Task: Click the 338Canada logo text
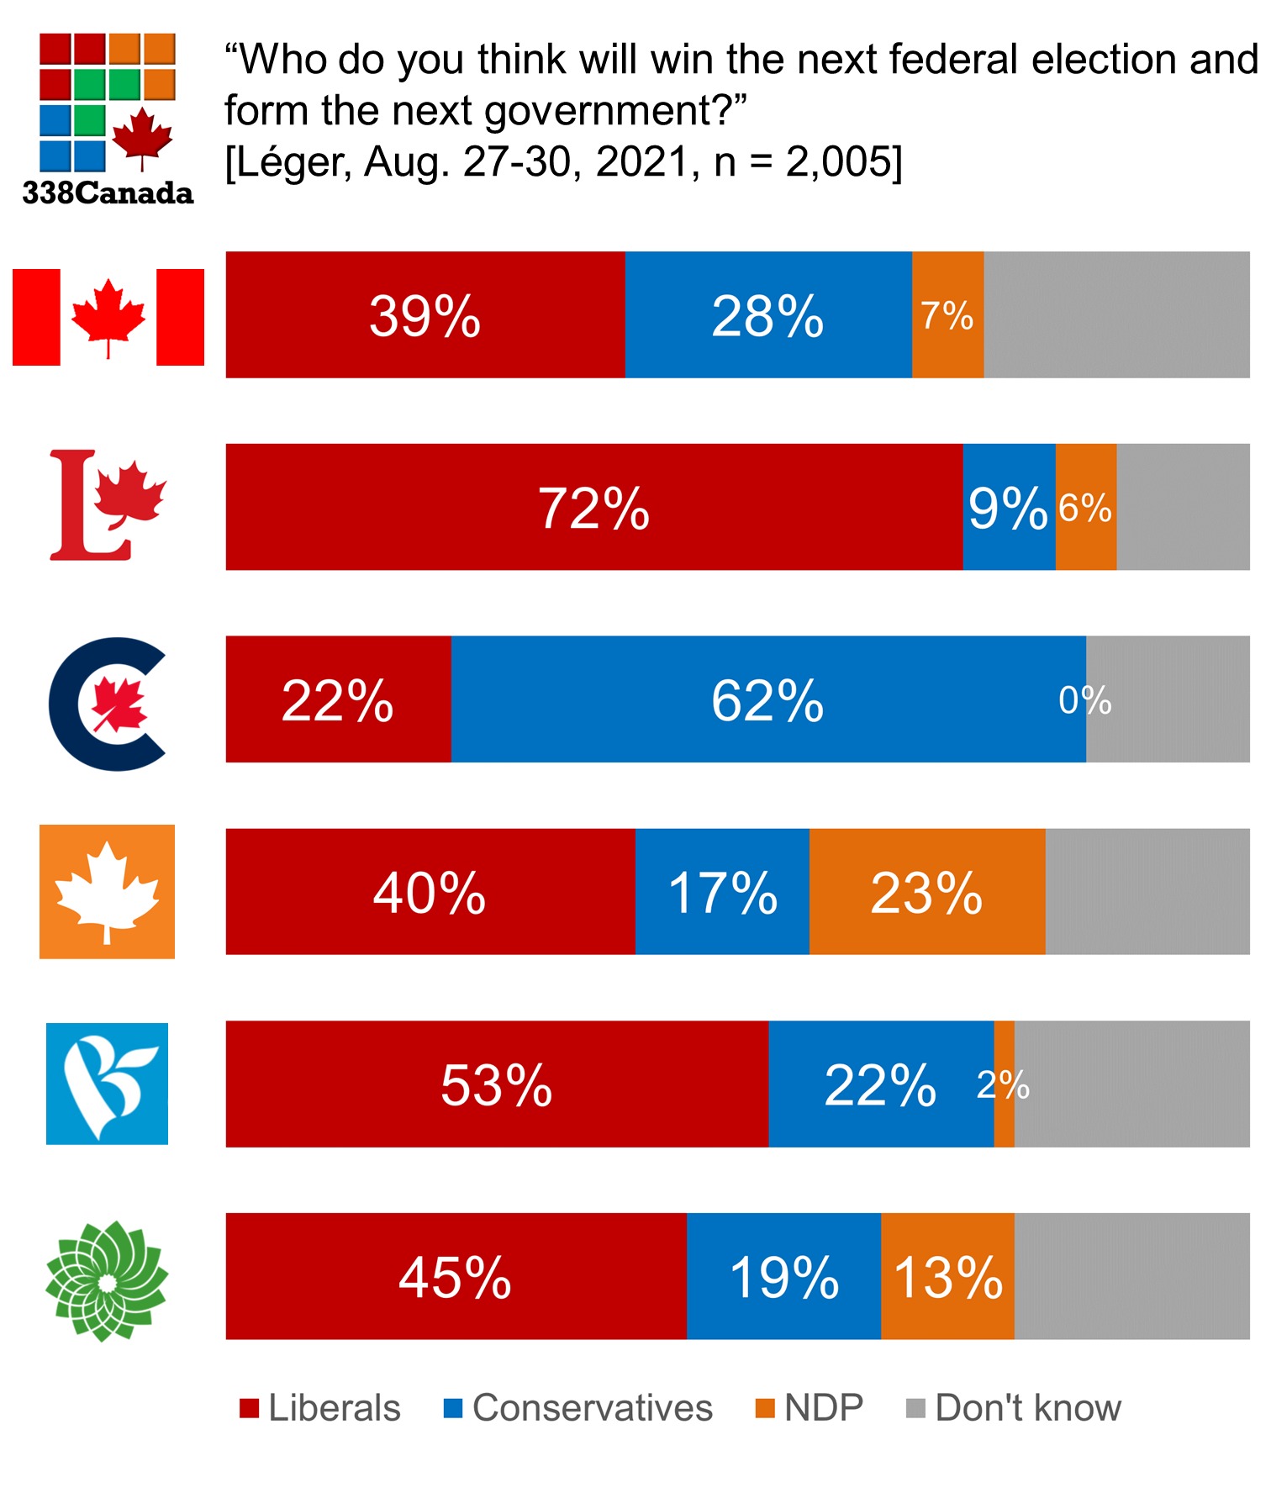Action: tap(108, 193)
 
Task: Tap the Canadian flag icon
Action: tap(108, 317)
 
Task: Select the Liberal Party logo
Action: tap(108, 505)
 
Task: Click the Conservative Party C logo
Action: tap(108, 704)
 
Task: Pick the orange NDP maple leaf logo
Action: tap(107, 891)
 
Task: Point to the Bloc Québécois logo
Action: tap(107, 1084)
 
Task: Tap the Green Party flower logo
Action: tap(107, 1280)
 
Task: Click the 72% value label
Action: tap(593, 509)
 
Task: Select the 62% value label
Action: tap(767, 700)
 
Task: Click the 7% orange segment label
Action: tap(947, 316)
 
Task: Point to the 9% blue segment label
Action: tap(1008, 509)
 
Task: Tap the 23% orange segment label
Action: tap(926, 893)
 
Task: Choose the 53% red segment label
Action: tap(497, 1085)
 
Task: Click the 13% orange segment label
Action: tap(948, 1278)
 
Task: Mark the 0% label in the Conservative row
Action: tap(1084, 700)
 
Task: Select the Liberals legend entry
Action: tap(320, 1407)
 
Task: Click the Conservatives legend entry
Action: tap(578, 1407)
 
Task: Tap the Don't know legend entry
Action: tap(1014, 1407)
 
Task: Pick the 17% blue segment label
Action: tap(722, 893)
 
